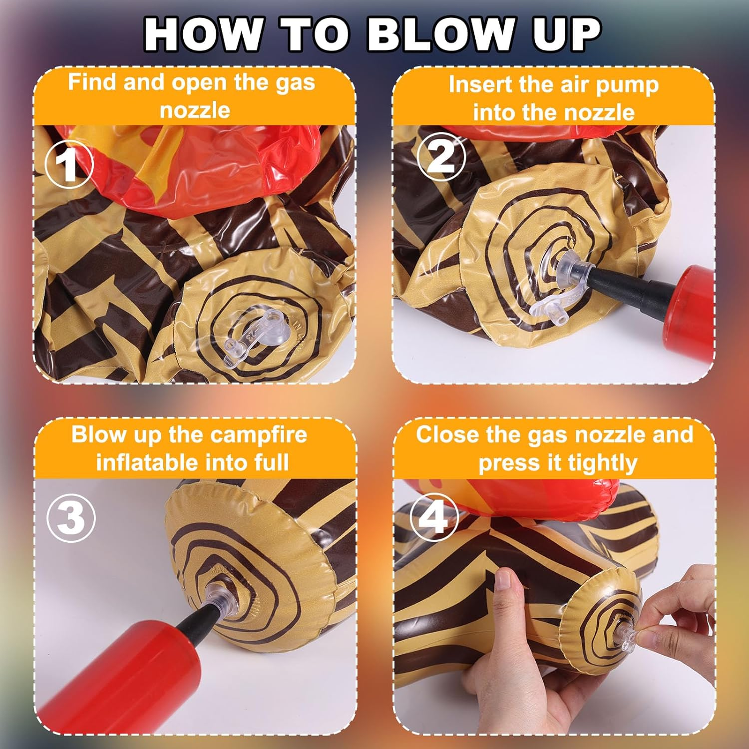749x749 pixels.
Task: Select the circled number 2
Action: click(441, 157)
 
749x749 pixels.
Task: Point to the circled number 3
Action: click(71, 518)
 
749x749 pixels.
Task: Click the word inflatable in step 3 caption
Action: click(148, 462)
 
